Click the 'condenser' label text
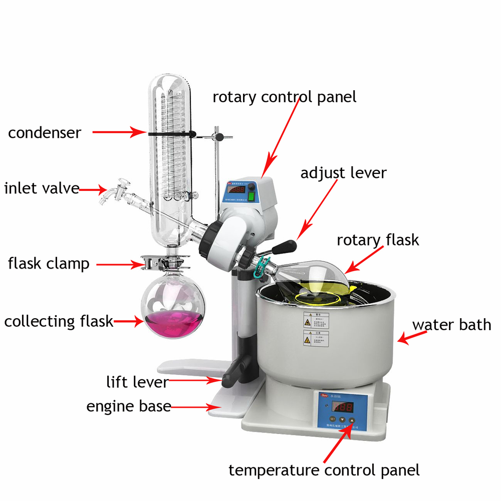(x=44, y=133)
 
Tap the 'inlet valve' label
(x=42, y=188)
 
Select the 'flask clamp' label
(x=49, y=263)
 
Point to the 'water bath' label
(x=451, y=324)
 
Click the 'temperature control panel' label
(x=324, y=470)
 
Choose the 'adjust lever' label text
(x=343, y=173)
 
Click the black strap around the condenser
(x=170, y=134)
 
